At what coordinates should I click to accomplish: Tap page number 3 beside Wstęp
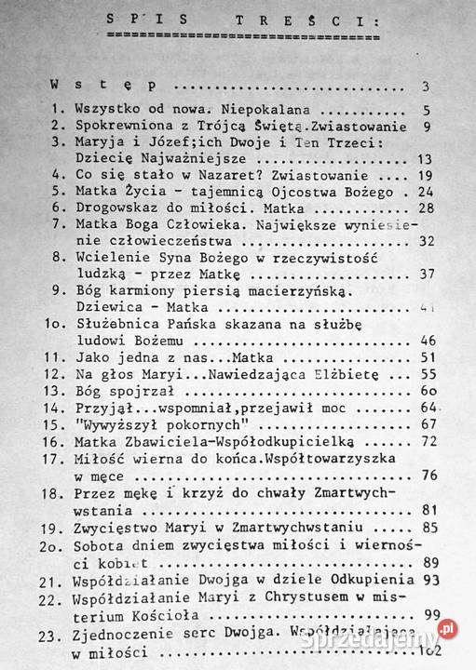tap(424, 87)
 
